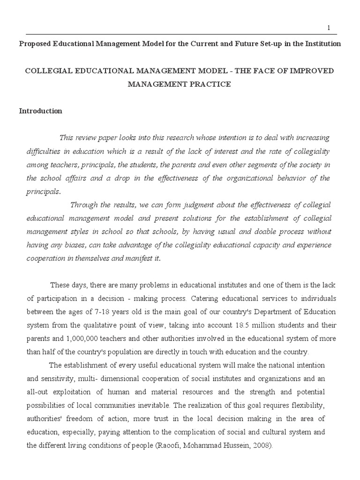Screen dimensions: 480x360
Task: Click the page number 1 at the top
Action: (329, 28)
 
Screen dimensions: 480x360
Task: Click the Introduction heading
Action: (40, 111)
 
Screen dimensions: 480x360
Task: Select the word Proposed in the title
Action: (34, 44)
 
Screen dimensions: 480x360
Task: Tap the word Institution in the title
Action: (323, 44)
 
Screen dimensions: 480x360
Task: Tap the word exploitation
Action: (74, 392)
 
